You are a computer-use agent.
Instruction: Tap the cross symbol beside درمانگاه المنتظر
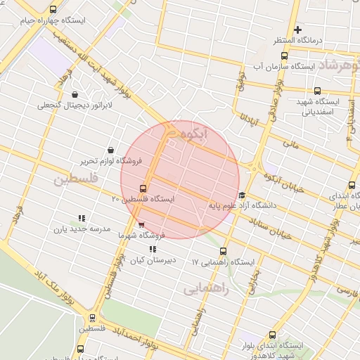pos(298,30)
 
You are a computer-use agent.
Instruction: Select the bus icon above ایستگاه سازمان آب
pos(284,56)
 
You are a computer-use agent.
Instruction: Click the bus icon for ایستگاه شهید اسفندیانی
pos(318,91)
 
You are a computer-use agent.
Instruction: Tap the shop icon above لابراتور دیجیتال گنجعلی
pos(75,94)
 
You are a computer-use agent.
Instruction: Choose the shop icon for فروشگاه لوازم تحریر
pos(111,150)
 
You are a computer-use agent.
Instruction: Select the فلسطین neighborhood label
pos(73,180)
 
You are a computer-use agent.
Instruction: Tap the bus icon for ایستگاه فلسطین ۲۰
pos(143,188)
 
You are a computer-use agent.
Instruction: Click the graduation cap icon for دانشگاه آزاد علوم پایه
pos(243,195)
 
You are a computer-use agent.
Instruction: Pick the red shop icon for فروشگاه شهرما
pos(143,225)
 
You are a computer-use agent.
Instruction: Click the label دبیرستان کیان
pos(151,260)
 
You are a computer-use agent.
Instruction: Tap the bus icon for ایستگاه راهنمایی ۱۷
pos(224,251)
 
